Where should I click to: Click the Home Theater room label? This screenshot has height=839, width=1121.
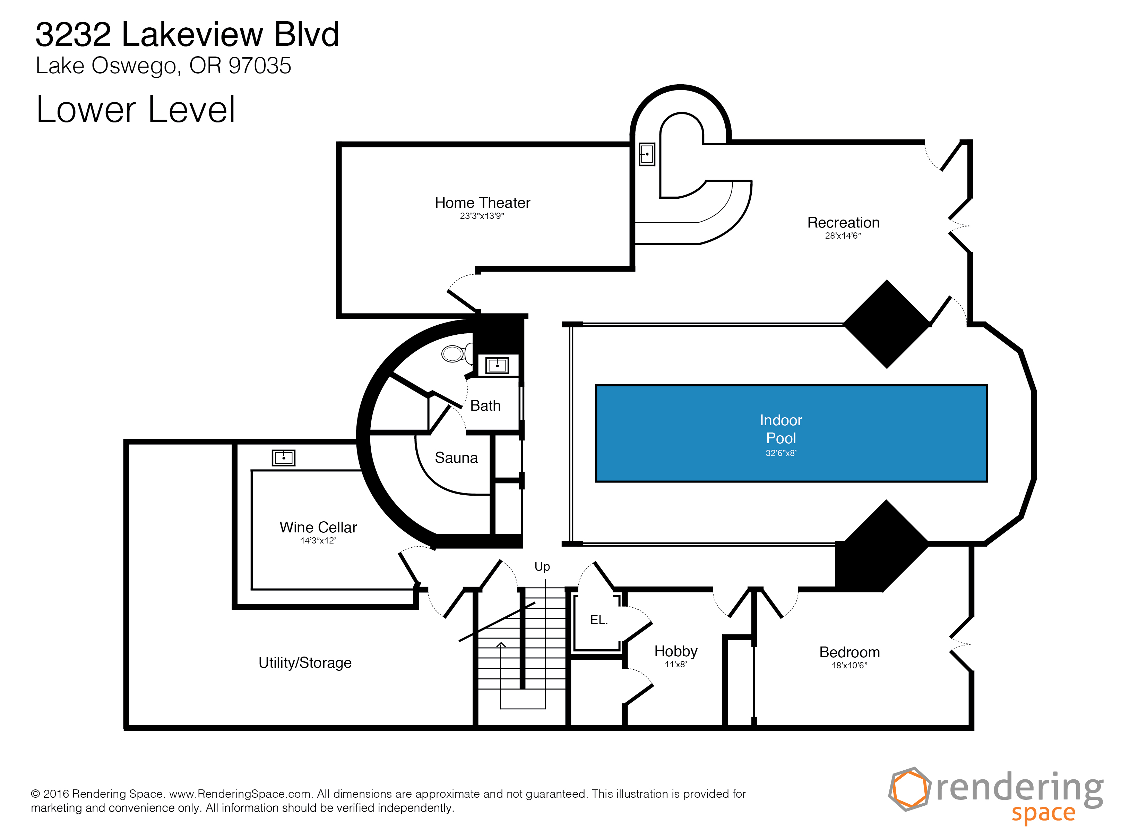click(x=482, y=203)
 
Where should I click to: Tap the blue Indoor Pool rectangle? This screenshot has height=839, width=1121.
click(x=791, y=434)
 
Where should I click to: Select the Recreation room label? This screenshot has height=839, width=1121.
click(x=843, y=223)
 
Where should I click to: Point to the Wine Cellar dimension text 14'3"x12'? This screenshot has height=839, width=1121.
click(x=318, y=540)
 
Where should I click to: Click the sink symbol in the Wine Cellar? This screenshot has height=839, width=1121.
click(x=283, y=458)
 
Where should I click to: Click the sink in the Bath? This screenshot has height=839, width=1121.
click(x=497, y=365)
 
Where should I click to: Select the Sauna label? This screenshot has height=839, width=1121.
click(x=456, y=458)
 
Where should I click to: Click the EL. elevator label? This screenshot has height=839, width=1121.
click(x=598, y=619)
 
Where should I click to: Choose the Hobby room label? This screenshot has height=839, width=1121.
click(x=675, y=651)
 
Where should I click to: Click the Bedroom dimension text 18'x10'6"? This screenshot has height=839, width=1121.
click(x=850, y=666)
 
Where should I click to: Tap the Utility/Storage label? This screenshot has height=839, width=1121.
click(x=305, y=662)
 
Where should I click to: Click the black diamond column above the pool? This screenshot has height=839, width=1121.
click(x=887, y=324)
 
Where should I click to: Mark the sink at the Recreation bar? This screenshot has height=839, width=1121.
click(x=647, y=154)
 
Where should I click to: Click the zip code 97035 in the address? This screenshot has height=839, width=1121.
click(x=260, y=66)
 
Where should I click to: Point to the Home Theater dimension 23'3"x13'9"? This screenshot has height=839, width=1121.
click(x=482, y=216)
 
